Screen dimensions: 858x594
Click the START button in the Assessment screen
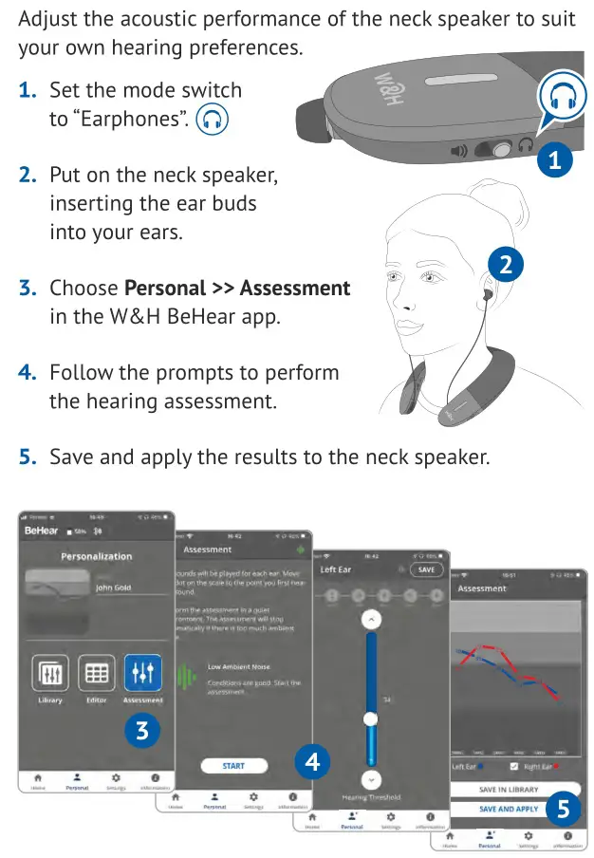click(233, 765)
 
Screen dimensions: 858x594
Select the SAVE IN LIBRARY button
click(509, 789)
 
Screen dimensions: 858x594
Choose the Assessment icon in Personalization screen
click(142, 673)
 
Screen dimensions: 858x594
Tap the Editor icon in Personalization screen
click(96, 673)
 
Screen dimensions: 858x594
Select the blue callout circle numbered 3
click(142, 731)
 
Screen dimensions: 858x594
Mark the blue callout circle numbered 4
click(313, 761)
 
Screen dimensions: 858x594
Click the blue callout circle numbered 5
click(565, 810)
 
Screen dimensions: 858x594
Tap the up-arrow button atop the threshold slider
click(371, 619)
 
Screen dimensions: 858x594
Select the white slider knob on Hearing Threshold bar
click(371, 718)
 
